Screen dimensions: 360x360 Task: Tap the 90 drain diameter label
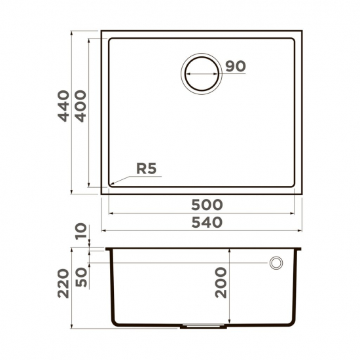tap(235, 65)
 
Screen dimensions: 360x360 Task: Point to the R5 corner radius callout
tap(147, 169)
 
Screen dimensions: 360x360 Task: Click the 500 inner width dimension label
tap(204, 205)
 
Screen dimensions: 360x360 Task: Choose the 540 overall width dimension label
tap(204, 222)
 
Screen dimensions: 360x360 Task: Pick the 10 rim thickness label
tap(81, 231)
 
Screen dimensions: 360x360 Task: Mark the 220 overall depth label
tap(63, 283)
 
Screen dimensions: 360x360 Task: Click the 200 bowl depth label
tap(221, 283)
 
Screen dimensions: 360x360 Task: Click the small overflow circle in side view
tap(276, 263)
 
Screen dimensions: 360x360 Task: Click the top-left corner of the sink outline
tap(102, 31)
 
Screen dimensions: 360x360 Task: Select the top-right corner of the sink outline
tap(302, 31)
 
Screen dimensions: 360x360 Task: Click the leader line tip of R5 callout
tap(109, 185)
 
